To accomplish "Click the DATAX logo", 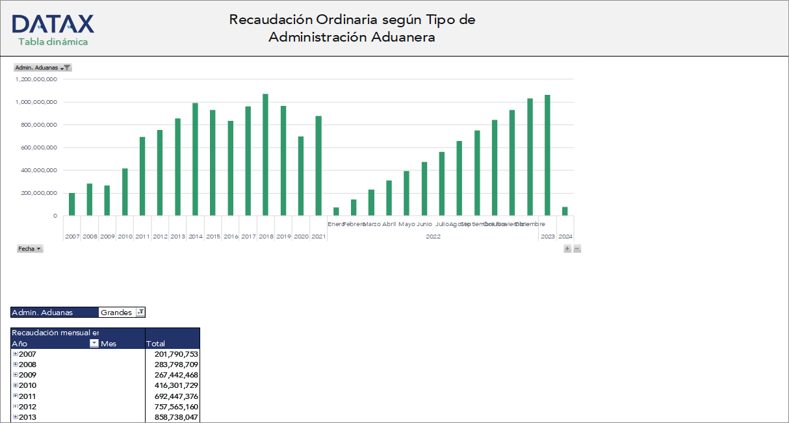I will [x=53, y=24].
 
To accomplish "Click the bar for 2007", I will [x=72, y=204].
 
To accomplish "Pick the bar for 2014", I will [x=195, y=159].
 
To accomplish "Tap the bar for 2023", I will [x=547, y=155].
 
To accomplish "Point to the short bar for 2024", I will [x=565, y=211].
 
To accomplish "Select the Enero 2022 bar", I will [x=336, y=211].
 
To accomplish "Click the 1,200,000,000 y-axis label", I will [x=36, y=79].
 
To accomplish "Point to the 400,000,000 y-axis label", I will [x=36, y=170].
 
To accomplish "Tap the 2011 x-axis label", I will [x=142, y=237].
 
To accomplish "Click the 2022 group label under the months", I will [x=433, y=237].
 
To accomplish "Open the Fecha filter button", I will [x=30, y=249].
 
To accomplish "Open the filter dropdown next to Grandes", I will [x=140, y=313].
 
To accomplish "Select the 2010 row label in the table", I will [x=27, y=385].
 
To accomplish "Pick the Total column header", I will [x=156, y=344].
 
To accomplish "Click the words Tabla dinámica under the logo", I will [x=53, y=42].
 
